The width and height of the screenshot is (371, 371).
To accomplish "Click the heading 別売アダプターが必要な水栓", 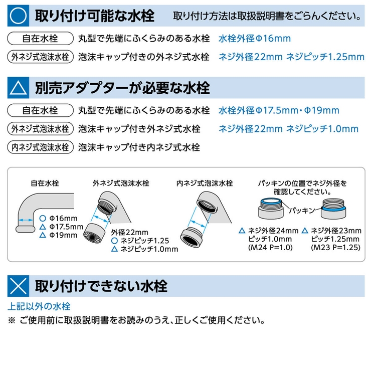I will click(122, 88).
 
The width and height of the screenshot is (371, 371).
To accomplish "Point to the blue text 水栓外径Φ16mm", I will click(255, 39).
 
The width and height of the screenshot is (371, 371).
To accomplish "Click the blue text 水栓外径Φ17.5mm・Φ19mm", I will click(279, 111).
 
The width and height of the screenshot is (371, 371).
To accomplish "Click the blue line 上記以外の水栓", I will click(39, 306).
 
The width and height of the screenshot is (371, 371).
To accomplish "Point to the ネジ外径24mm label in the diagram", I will click(273, 231).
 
